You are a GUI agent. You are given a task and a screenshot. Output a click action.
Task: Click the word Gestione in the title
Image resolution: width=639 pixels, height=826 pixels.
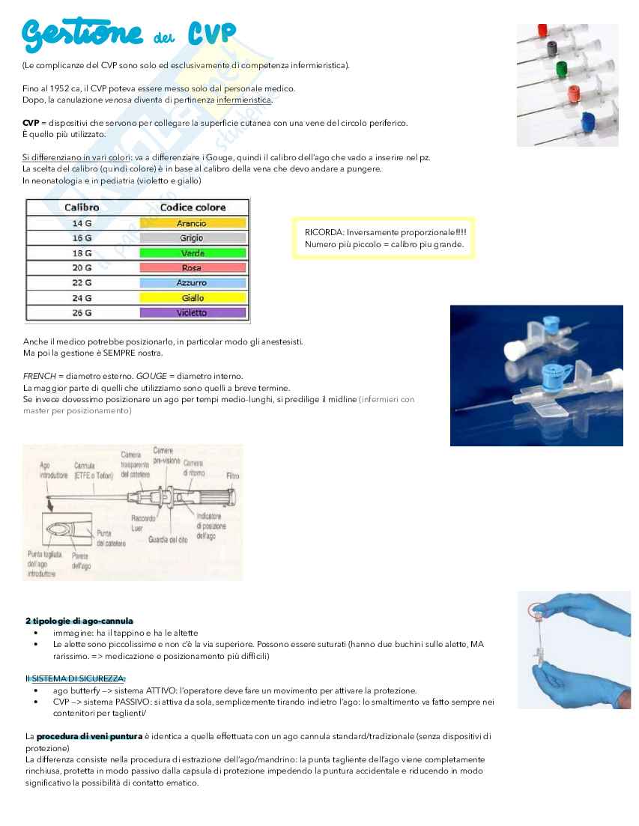(82, 33)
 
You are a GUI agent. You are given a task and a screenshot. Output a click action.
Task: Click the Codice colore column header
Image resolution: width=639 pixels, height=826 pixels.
(193, 207)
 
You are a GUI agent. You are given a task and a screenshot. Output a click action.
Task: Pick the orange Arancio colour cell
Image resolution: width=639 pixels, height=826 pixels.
(192, 223)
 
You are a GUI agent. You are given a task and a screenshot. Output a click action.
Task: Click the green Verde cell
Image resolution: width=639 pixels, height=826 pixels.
(192, 253)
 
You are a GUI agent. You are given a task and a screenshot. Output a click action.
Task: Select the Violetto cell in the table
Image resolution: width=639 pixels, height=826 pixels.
(192, 313)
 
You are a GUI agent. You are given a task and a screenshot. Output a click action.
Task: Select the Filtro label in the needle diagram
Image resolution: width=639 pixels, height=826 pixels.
(232, 476)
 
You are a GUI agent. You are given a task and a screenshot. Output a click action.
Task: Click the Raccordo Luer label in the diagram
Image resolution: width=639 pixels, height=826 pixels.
(143, 522)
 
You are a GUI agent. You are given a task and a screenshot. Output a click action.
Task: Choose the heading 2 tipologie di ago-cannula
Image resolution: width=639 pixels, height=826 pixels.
(79, 621)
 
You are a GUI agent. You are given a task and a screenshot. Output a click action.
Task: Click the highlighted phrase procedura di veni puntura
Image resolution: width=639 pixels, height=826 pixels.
(89, 736)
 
